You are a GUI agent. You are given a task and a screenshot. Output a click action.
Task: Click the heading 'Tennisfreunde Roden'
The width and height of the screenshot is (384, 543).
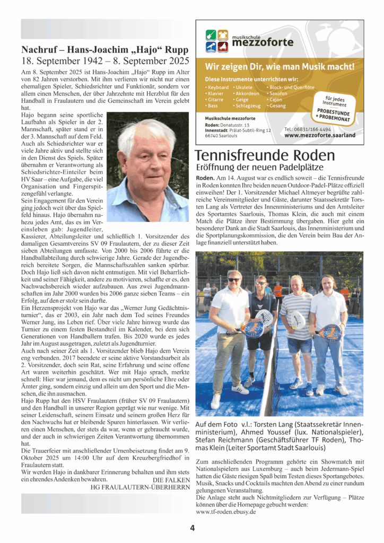click(x=265, y=155)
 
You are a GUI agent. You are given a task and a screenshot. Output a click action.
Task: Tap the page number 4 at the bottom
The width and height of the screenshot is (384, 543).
click(x=193, y=527)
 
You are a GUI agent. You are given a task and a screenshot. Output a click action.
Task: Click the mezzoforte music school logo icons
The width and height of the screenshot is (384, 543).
click(x=216, y=41)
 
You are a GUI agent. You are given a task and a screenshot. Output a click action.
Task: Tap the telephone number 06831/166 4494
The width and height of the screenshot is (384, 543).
click(x=308, y=129)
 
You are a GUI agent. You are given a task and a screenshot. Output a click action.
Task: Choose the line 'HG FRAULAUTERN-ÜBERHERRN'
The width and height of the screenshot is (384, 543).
click(x=141, y=486)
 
